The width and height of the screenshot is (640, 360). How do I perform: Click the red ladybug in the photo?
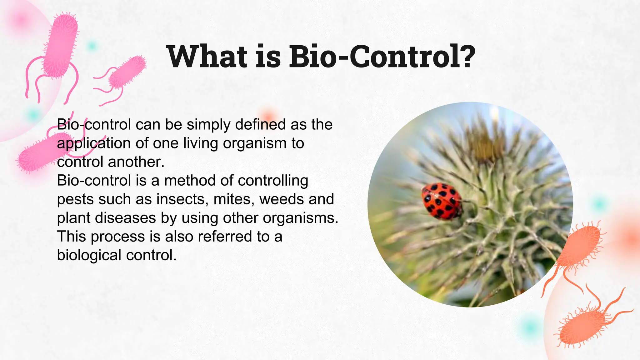pos(442,201)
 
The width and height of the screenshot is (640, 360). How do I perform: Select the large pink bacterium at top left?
pos(60,45)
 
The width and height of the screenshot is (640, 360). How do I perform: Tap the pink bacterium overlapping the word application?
pos(44,152)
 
